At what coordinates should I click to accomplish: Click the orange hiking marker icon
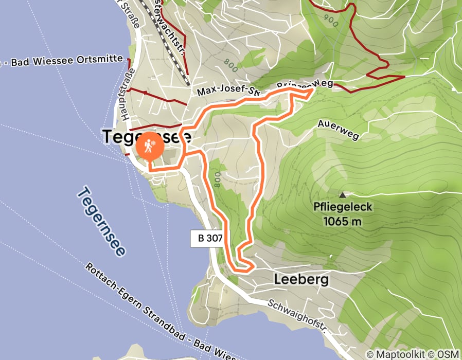[150, 146]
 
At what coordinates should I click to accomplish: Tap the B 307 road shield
[206, 238]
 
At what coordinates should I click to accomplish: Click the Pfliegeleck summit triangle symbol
[343, 195]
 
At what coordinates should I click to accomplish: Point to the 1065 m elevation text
[343, 222]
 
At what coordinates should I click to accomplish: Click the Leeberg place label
[301, 280]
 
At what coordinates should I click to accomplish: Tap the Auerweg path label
[337, 131]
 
